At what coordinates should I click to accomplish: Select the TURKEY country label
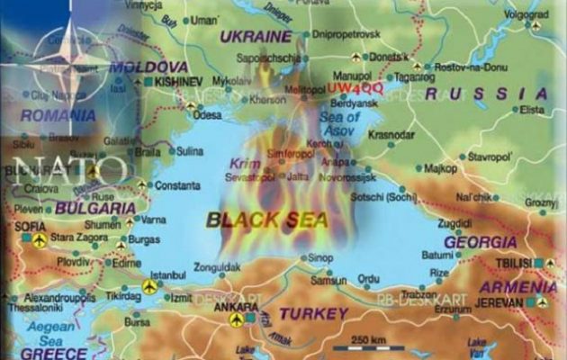312,313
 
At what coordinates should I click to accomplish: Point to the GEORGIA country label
480,242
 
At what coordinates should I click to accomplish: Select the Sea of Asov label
340,123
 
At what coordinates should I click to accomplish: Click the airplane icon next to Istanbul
149,286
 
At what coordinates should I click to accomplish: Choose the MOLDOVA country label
148,67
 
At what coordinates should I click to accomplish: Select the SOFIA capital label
31,226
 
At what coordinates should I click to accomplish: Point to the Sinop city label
321,257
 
